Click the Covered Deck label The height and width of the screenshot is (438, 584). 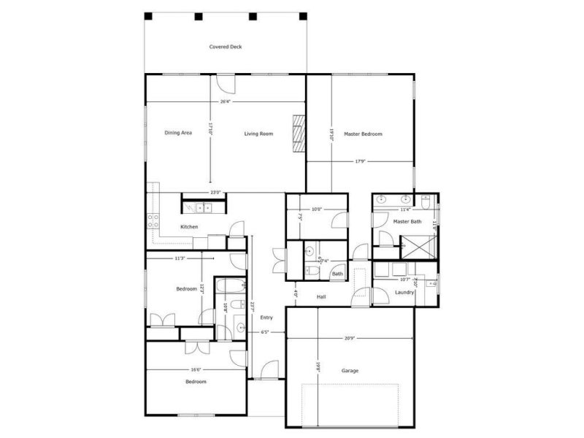pyautogui.click(x=225, y=47)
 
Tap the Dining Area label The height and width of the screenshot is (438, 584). pyautogui.click(x=178, y=133)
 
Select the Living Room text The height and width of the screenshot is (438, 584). pyautogui.click(x=258, y=134)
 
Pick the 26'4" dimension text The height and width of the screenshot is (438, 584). pyautogui.click(x=226, y=101)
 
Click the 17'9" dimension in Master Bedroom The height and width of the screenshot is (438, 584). pyautogui.click(x=361, y=161)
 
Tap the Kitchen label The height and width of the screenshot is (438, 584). pyautogui.click(x=189, y=227)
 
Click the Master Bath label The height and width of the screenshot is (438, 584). pyautogui.click(x=407, y=221)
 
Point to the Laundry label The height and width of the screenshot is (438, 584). pyautogui.click(x=404, y=292)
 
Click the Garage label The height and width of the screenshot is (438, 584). pyautogui.click(x=350, y=371)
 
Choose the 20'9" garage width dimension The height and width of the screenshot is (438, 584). pyautogui.click(x=350, y=338)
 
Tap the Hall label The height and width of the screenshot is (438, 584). pyautogui.click(x=321, y=296)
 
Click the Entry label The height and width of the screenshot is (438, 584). pyautogui.click(x=266, y=317)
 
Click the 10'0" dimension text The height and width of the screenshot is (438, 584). pyautogui.click(x=316, y=210)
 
